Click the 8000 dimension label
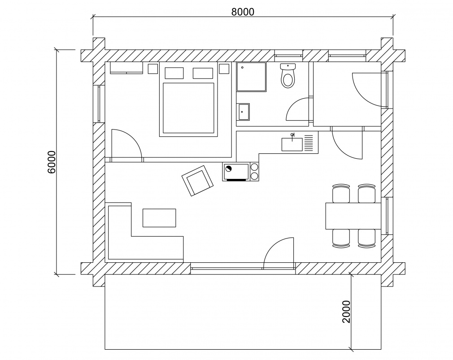243,12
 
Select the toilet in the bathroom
287,76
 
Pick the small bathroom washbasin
244,112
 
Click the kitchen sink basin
292,144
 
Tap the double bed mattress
188,108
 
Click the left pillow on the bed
174,73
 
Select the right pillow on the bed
203,73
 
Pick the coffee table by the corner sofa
159,218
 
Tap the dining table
353,216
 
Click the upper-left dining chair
341,193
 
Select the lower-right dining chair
366,238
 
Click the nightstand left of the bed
153,69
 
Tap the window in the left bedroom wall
98,103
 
